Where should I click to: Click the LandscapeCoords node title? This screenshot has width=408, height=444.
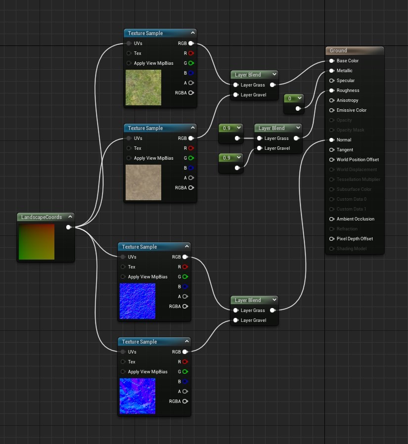[x=41, y=217]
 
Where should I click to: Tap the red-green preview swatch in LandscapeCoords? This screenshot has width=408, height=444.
[x=36, y=242]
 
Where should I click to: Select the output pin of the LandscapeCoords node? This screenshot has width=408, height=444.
[x=69, y=227]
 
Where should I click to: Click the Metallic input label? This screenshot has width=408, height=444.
[x=344, y=71]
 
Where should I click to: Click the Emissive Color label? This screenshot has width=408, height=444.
[x=351, y=110]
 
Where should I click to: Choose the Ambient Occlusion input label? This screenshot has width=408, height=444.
[x=355, y=219]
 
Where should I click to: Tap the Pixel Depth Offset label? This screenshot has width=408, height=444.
[x=355, y=239]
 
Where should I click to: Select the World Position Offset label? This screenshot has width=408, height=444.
[x=358, y=160]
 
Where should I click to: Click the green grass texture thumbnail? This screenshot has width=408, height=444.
[x=143, y=88]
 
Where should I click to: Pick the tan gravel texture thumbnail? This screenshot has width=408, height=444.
[x=143, y=182]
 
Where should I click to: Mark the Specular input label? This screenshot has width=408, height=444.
[x=345, y=81]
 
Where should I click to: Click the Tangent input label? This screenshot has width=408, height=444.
[x=345, y=150]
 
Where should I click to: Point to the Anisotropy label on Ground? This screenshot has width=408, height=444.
[x=347, y=100]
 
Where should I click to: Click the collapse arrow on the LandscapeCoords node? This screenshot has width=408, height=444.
[x=70, y=217]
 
